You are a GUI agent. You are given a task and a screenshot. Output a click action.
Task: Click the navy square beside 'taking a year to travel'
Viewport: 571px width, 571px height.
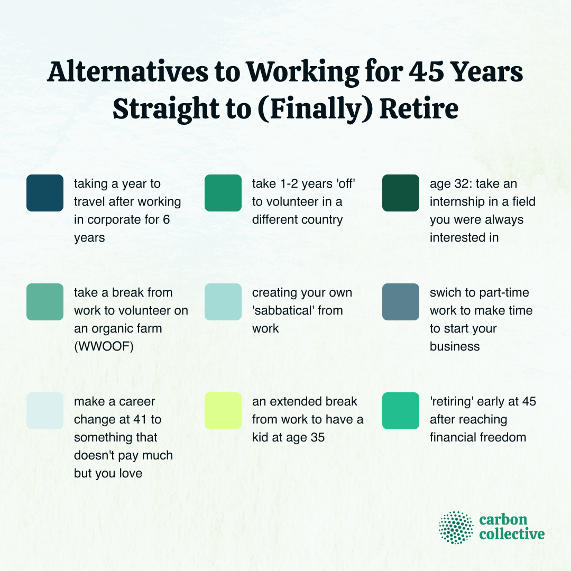(45, 193)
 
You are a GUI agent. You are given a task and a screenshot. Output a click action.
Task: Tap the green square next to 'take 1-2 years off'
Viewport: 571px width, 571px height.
(223, 193)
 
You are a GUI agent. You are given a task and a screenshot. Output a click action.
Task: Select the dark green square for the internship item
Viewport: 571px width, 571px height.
(401, 193)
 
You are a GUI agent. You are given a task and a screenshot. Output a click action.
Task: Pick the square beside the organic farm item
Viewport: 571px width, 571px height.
(45, 302)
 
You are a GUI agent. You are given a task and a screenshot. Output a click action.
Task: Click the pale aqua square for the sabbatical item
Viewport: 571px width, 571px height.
(223, 302)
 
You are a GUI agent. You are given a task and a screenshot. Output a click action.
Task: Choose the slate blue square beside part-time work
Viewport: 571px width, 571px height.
(401, 302)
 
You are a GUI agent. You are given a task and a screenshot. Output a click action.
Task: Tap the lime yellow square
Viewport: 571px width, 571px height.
(223, 411)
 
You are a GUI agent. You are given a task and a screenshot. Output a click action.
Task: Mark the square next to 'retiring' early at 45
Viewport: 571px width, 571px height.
(401, 411)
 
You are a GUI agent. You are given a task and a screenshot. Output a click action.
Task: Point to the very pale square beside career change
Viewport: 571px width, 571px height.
(45, 411)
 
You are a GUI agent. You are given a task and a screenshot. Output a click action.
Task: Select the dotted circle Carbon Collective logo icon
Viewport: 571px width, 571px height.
(456, 527)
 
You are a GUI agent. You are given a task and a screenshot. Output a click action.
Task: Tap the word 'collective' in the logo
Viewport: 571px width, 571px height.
(512, 534)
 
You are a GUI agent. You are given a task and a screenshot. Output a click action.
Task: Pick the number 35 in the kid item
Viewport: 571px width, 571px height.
(330, 437)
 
